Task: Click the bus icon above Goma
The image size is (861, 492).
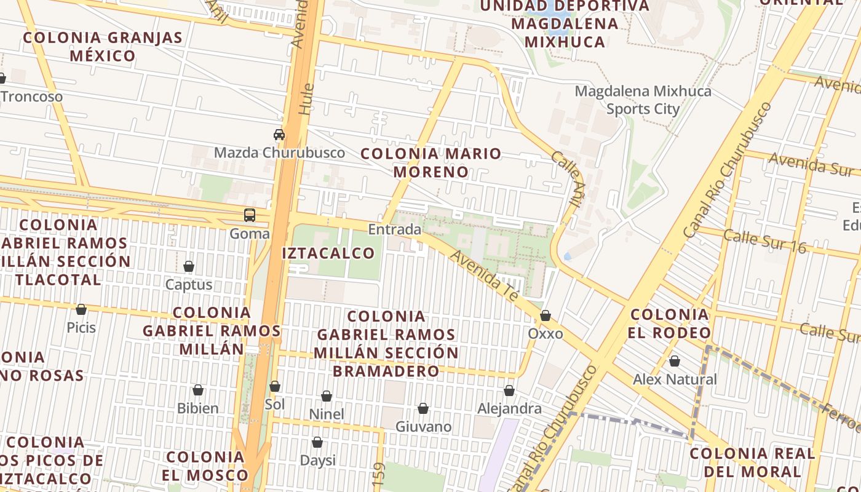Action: coord(250,215)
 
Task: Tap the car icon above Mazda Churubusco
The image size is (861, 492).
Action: coord(279,135)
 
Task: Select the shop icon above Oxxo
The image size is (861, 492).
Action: coord(546,315)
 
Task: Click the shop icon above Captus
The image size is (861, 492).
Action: coord(189,266)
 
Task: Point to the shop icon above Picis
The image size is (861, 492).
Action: coord(81,309)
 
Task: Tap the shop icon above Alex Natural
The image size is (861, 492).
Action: coord(675,361)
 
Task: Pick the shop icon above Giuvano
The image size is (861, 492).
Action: coord(423,408)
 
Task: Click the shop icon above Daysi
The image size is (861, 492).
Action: coord(317,442)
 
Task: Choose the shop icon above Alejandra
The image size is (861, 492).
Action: coord(509,391)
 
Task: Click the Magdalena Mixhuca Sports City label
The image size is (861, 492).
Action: coord(643,100)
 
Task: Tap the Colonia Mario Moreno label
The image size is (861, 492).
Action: coord(431,162)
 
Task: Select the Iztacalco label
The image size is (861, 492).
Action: coord(328,253)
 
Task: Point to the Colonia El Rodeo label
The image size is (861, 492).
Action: coord(670,324)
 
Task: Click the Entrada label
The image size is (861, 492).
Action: coord(395,229)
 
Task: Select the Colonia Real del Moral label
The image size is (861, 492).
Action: coord(752,462)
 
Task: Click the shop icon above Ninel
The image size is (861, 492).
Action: coord(327,396)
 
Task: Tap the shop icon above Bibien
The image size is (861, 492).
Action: coord(198,390)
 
